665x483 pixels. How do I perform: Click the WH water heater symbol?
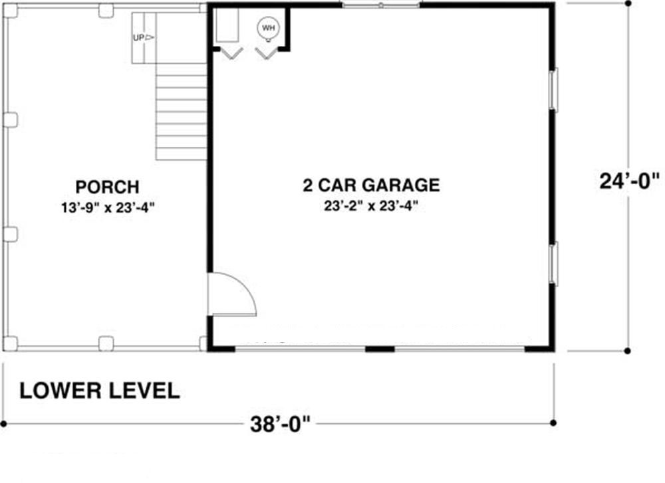pyautogui.click(x=268, y=29)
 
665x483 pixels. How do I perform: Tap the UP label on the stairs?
pyautogui.click(x=139, y=38)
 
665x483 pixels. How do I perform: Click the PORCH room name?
pyautogui.click(x=107, y=187)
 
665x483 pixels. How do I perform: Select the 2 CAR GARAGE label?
pyautogui.click(x=371, y=185)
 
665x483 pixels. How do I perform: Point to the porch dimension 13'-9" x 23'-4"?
pyautogui.click(x=108, y=208)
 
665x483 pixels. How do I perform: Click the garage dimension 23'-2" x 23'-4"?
pyautogui.click(x=371, y=206)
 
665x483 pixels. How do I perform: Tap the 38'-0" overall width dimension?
pyautogui.click(x=281, y=424)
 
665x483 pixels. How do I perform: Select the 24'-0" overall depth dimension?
pyautogui.click(x=630, y=181)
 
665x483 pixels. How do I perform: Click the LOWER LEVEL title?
pyautogui.click(x=100, y=391)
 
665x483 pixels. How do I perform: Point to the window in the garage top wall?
pyautogui.click(x=381, y=5)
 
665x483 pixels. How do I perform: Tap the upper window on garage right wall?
pyautogui.click(x=553, y=90)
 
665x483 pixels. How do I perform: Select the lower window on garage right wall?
pyautogui.click(x=553, y=263)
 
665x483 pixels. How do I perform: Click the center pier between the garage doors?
pyautogui.click(x=380, y=349)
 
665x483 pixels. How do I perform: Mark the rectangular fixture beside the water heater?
pyautogui.click(x=227, y=25)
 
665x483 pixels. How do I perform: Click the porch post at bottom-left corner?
pyautogui.click(x=11, y=343)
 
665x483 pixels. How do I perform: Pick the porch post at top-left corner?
pyautogui.click(x=11, y=11)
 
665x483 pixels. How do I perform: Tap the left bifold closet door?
pyautogui.click(x=232, y=54)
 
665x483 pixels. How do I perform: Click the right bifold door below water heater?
pyautogui.click(x=266, y=54)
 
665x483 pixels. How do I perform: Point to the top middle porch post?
pyautogui.click(x=106, y=11)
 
